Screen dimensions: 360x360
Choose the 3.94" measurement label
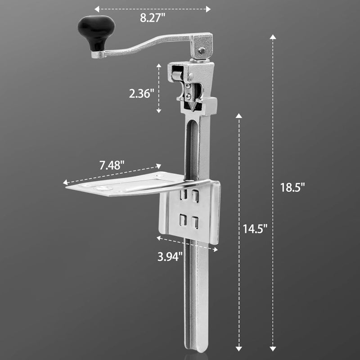[x=170, y=257]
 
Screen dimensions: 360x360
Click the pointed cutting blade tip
[x=192, y=109]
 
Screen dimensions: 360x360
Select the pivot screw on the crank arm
[x=202, y=50]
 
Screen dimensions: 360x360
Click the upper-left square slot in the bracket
[x=183, y=194]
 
